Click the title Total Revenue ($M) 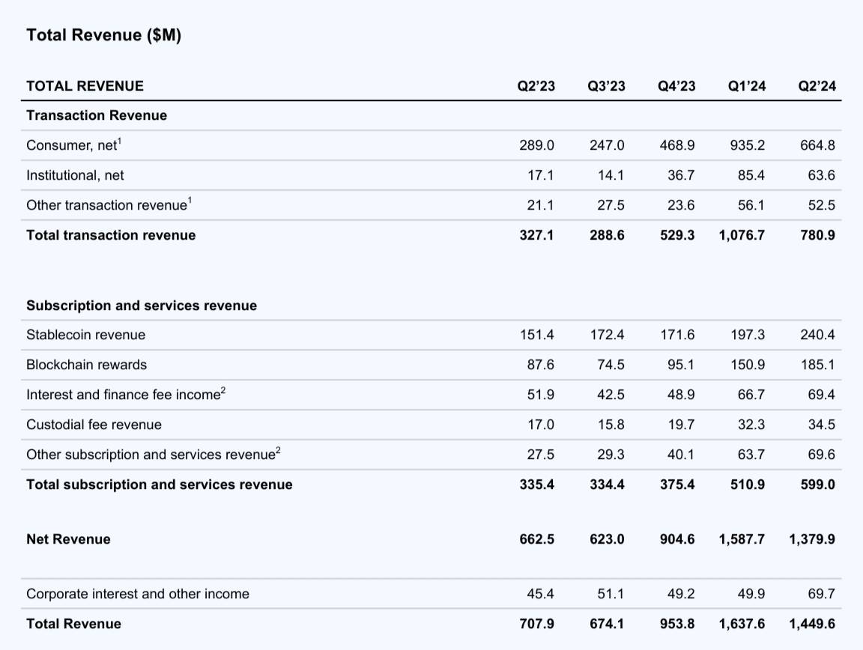point(103,35)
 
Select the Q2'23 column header point(536,86)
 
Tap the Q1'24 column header point(747,86)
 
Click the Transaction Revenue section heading point(97,115)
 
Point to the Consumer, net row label point(73,145)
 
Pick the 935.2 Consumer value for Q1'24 point(748,145)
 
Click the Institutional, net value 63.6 point(822,175)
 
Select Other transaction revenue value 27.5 point(611,205)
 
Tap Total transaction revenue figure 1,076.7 point(742,235)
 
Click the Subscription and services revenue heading point(142,306)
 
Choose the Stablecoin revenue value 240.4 point(818,335)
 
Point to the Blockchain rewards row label point(86,365)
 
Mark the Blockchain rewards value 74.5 point(611,365)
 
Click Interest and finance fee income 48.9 point(682,395)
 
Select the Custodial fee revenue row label point(94,425)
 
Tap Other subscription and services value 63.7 point(751,455)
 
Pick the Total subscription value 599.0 point(818,485)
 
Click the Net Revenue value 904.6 point(677,539)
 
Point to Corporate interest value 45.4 point(540,594)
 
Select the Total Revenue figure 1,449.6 point(812,624)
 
